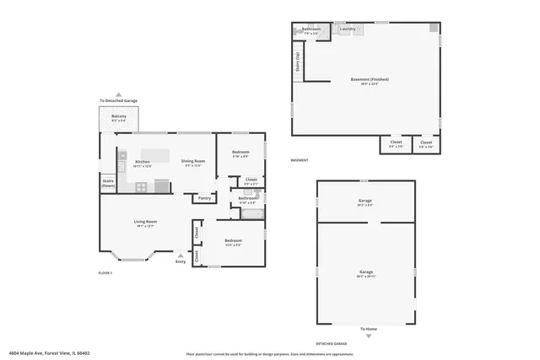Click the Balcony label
(x=119, y=116)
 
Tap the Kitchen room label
(x=143, y=161)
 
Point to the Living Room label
(x=145, y=222)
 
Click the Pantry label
(x=204, y=198)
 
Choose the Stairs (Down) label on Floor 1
(x=108, y=182)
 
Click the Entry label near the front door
(x=181, y=261)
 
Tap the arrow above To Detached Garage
(x=119, y=94)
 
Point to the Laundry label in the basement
(x=348, y=30)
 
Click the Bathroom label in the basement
(x=310, y=30)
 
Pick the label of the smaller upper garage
(x=365, y=201)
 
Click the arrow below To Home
(x=368, y=336)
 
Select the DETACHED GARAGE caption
(x=330, y=344)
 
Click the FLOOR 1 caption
(x=105, y=273)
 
